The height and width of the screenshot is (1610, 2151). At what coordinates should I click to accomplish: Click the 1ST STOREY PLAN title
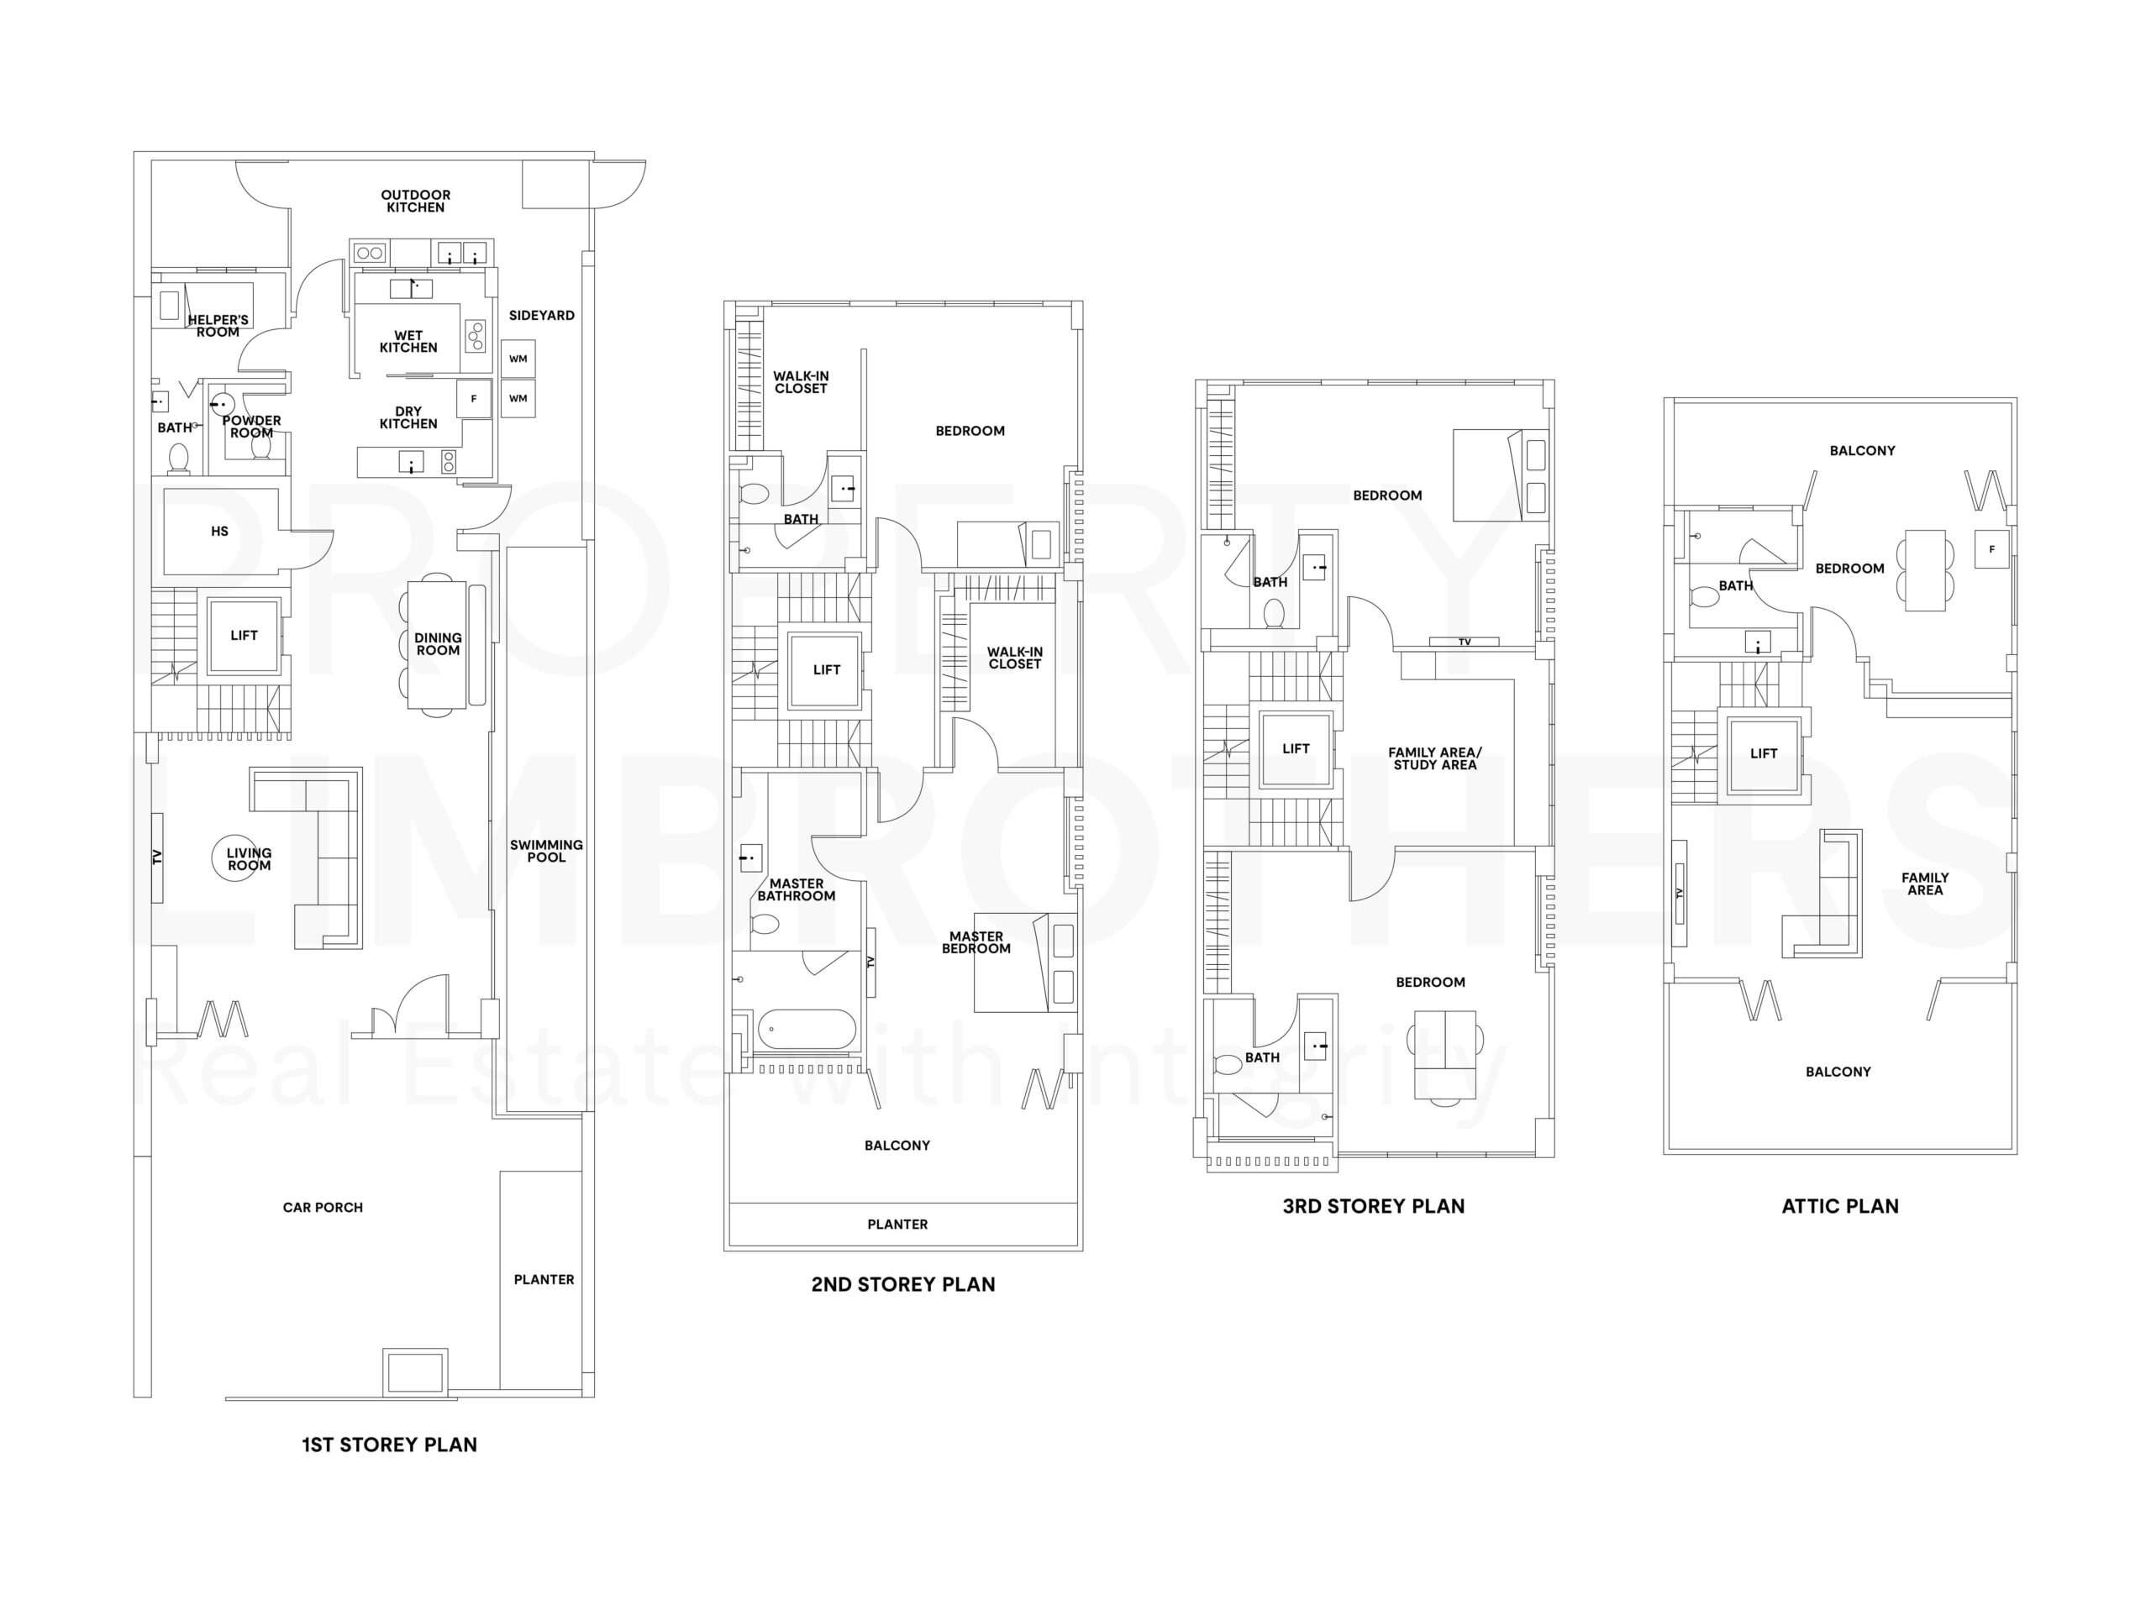pos(389,1445)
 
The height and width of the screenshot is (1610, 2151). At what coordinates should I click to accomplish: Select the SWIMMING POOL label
pos(545,851)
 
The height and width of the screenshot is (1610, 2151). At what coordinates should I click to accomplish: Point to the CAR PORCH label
pos(322,1208)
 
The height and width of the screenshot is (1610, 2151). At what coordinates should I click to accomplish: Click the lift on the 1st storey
pos(243,636)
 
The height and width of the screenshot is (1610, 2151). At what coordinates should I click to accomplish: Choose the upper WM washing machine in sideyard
pos(518,359)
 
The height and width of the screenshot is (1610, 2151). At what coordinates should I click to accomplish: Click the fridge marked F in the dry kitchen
pos(474,399)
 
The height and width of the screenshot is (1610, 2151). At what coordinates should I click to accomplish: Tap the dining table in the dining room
pos(437,644)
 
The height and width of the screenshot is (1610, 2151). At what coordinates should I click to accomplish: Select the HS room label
pos(220,532)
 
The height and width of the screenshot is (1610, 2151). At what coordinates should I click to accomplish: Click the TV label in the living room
pos(156,857)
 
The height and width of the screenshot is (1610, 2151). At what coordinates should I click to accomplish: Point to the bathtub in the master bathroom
pos(806,1029)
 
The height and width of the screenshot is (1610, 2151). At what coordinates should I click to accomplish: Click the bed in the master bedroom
pos(1024,962)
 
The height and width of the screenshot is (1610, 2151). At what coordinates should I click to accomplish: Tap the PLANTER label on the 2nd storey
pos(897,1224)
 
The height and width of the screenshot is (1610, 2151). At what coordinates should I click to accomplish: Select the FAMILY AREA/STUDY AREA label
pos(1434,759)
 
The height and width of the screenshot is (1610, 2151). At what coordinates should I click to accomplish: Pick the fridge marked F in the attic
pos(1991,549)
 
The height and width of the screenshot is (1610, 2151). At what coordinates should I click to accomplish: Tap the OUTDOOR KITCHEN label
pos(415,202)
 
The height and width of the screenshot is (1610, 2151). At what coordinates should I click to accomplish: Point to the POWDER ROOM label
pos(251,427)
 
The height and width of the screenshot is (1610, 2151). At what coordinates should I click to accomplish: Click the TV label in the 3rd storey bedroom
pos(1465,642)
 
